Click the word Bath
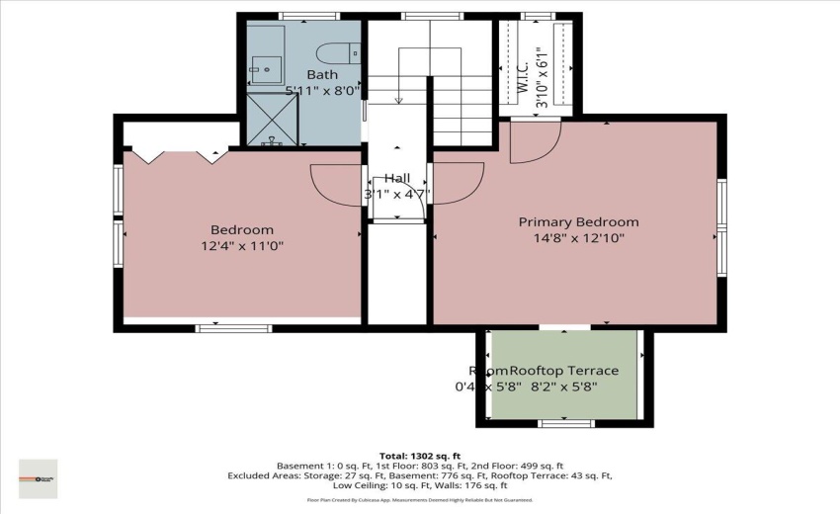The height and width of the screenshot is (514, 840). [x=322, y=75]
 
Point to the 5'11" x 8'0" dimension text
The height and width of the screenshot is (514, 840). [x=323, y=90]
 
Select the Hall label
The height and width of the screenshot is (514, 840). [x=397, y=178]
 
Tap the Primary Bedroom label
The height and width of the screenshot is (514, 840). [x=578, y=222]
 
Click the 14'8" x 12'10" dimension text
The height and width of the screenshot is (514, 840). [x=578, y=238]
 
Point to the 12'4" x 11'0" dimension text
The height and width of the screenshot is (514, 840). [x=242, y=246]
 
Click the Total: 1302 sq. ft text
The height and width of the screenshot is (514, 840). [x=419, y=456]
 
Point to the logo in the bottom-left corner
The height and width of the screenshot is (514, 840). [x=39, y=478]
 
